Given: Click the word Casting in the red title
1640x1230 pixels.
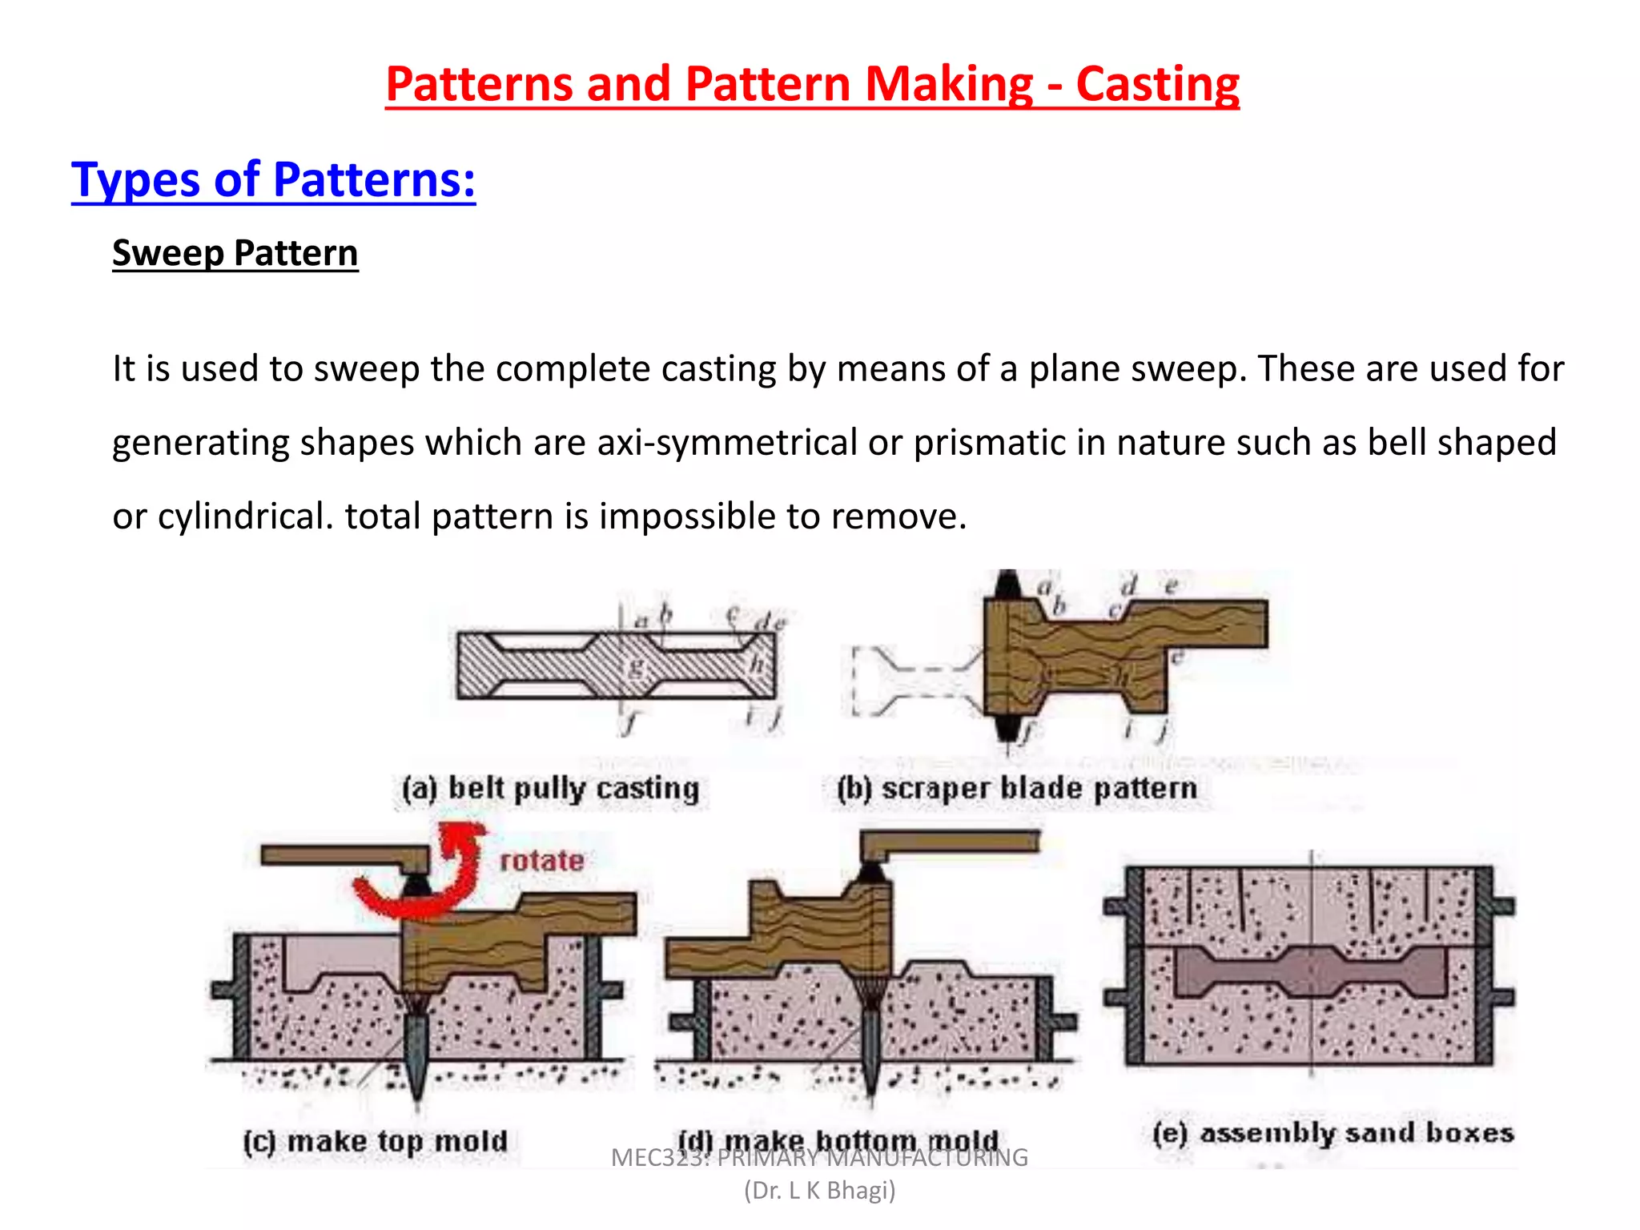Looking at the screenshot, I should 1157,85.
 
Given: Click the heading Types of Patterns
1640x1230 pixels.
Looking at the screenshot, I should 273,179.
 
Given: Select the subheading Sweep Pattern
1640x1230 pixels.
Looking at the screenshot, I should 235,253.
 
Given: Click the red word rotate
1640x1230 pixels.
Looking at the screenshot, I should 541,861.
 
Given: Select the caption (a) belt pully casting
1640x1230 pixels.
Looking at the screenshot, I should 551,789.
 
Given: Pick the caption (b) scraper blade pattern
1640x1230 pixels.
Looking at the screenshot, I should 1017,789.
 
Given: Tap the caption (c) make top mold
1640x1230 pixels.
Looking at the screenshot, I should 376,1141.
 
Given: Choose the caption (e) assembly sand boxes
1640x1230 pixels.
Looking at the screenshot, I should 1333,1133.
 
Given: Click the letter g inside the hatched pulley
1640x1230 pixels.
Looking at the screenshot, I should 636,666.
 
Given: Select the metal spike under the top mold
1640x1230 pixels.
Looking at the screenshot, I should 416,1057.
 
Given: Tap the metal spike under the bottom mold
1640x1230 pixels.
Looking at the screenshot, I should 870,1049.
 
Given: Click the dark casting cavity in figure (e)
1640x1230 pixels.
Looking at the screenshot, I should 1311,971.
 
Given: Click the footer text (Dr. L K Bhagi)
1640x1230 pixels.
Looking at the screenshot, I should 819,1191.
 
